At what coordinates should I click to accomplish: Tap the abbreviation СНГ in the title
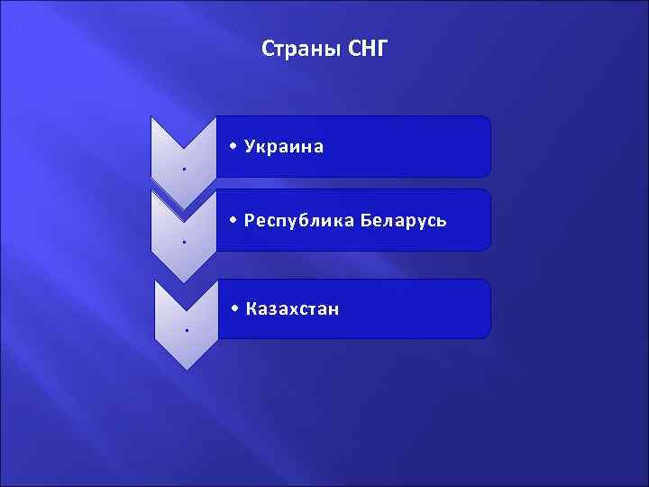[366, 48]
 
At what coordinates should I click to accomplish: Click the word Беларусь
[406, 220]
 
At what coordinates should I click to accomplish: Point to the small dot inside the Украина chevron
[183, 169]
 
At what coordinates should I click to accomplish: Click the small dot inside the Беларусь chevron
[183, 242]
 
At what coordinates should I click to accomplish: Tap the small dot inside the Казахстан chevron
[186, 330]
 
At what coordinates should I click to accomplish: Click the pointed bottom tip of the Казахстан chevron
[186, 368]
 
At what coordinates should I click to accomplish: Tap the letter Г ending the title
[379, 48]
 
